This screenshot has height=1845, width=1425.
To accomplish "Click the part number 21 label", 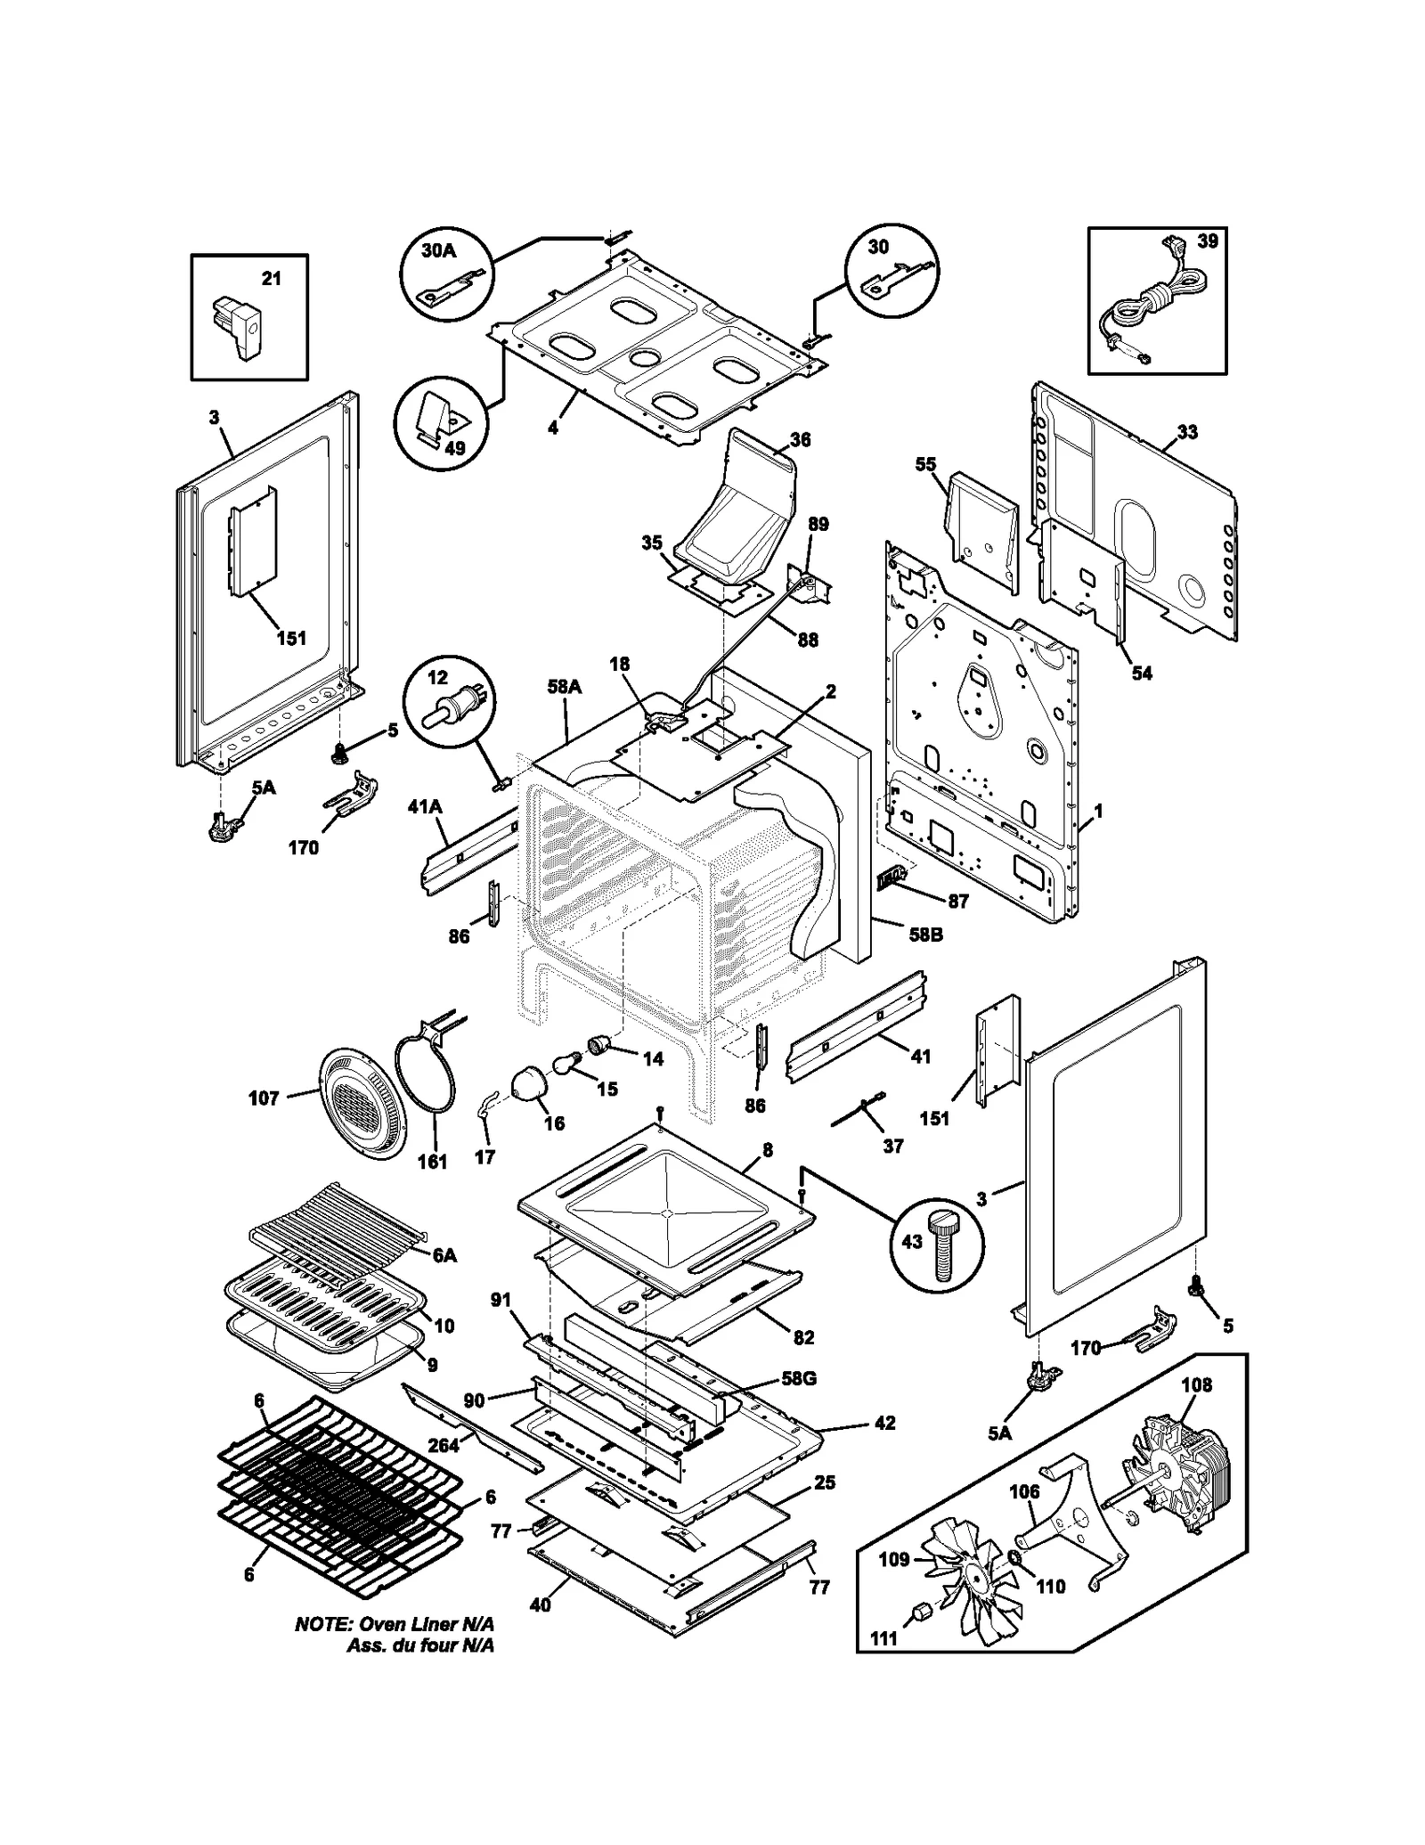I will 271,279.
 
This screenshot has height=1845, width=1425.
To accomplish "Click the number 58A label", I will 565,687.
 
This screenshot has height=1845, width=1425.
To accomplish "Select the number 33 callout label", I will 1186,432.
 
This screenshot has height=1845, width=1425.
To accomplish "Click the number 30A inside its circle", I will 438,250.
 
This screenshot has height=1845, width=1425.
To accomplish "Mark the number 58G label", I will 798,1378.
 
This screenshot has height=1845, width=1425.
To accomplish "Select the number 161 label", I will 432,1162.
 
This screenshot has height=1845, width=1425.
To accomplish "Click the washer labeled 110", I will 1014,1557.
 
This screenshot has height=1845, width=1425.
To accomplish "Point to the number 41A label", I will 425,807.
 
